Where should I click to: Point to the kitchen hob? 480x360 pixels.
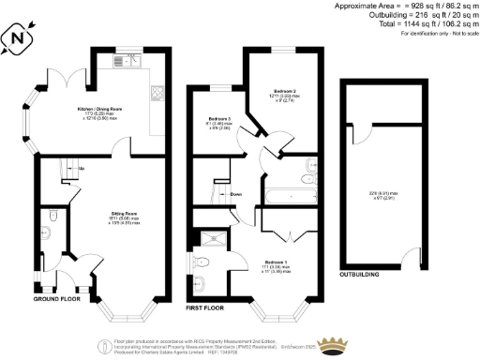[158, 93]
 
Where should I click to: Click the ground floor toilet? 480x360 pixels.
[54, 217]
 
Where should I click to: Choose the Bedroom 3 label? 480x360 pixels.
[219, 119]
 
